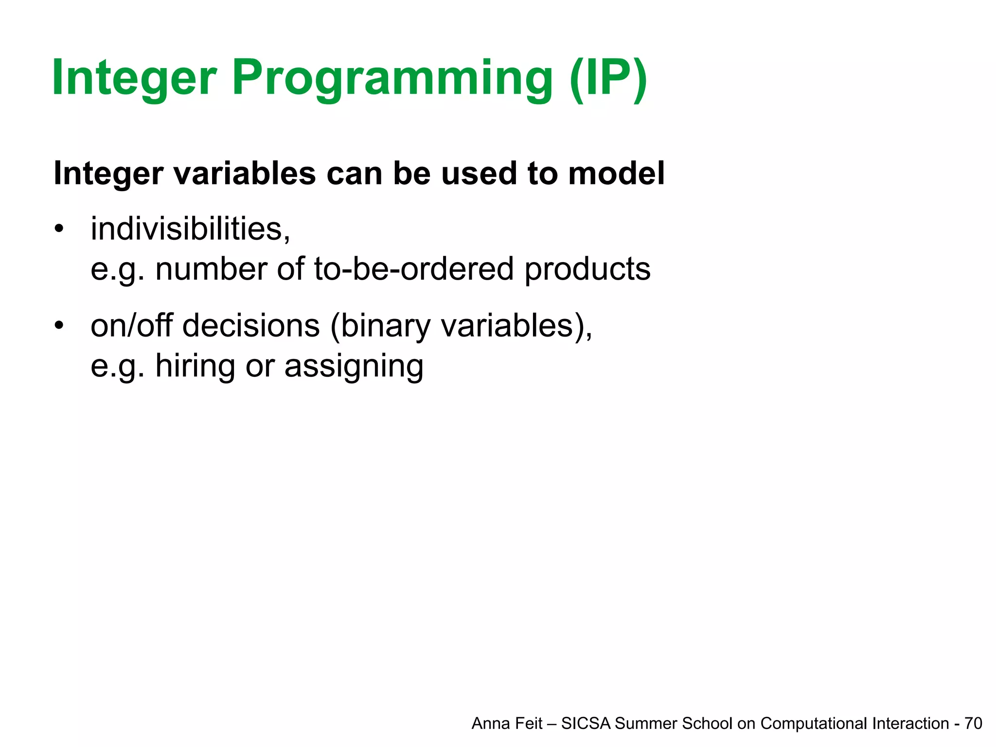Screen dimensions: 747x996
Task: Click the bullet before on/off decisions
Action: click(x=59, y=325)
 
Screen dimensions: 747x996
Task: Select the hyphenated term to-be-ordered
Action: click(x=413, y=269)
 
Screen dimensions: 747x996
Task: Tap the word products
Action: click(x=587, y=269)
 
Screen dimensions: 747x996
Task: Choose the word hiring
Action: click(x=196, y=366)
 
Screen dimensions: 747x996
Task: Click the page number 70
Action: click(x=973, y=724)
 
